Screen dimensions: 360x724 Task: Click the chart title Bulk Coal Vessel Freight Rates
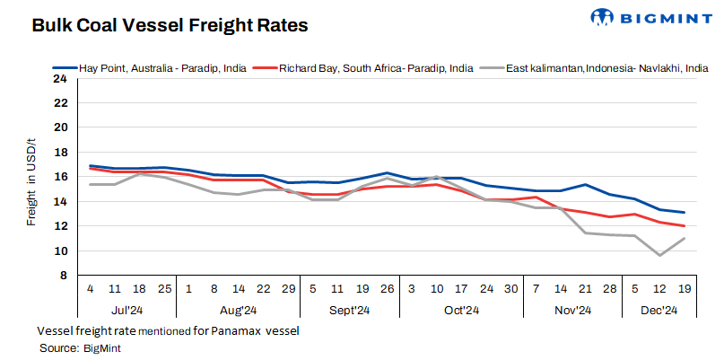coord(170,26)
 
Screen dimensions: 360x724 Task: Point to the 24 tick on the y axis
coord(60,78)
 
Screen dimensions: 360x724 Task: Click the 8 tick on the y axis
coord(63,276)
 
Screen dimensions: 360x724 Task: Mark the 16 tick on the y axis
coord(60,177)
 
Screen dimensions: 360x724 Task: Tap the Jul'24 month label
coord(127,311)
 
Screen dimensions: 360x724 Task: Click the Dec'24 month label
coord(659,311)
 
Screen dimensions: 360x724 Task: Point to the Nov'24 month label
coord(571,311)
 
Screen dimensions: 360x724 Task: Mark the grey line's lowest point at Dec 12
coord(659,256)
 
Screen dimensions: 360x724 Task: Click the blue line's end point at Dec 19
coord(685,213)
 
